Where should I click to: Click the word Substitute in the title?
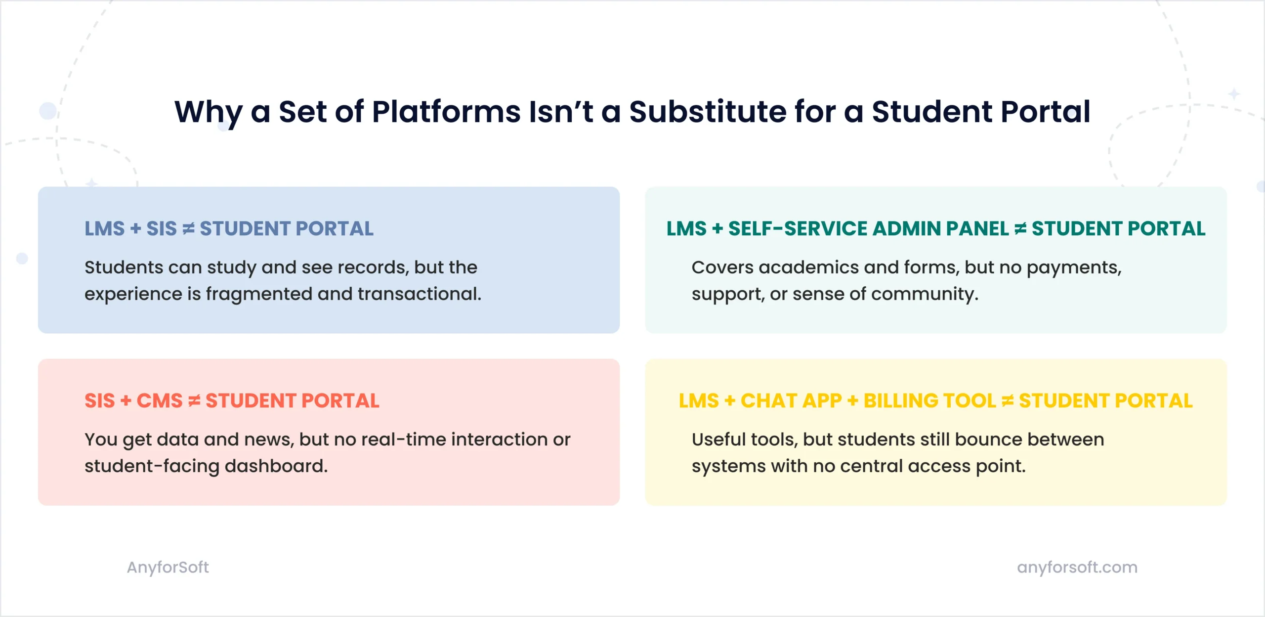tap(707, 112)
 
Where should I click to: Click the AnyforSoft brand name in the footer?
tap(168, 567)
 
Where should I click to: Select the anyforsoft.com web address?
tap(1077, 567)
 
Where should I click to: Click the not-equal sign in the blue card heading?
tap(188, 229)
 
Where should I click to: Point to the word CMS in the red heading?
tap(159, 401)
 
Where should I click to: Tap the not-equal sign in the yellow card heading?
tap(1008, 401)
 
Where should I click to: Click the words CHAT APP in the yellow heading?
tap(791, 401)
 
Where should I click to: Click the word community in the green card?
tap(924, 294)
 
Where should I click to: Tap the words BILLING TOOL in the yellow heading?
tap(929, 401)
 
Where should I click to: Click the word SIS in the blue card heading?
tap(162, 229)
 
